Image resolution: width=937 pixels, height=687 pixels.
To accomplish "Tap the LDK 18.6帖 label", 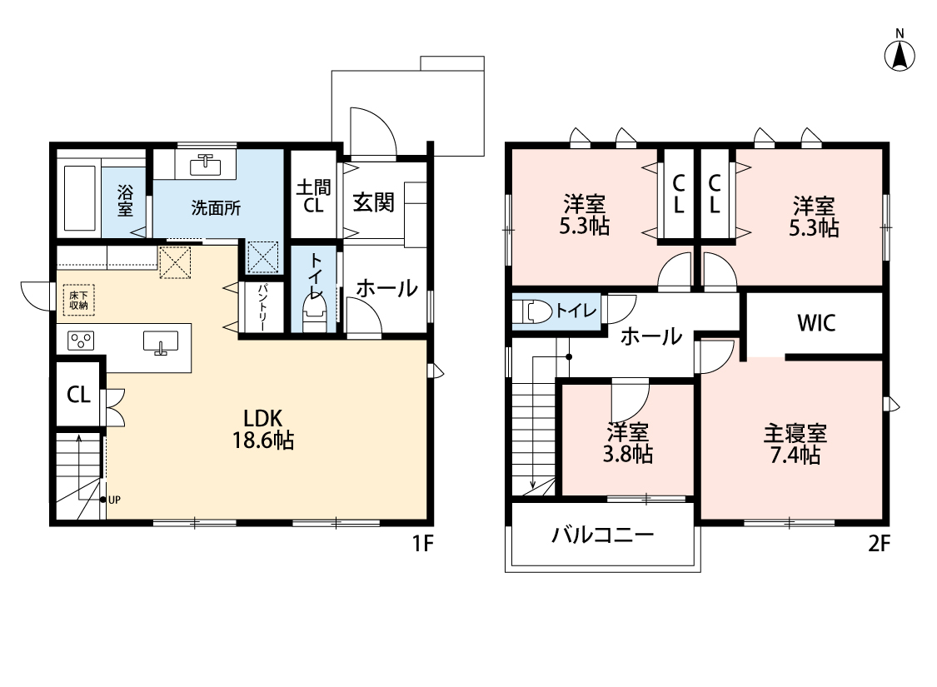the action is point(263,429).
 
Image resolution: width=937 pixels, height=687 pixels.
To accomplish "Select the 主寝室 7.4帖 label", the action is point(795,443).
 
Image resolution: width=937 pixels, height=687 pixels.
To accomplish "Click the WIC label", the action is point(816,323).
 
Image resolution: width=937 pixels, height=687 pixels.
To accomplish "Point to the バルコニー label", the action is point(602,534).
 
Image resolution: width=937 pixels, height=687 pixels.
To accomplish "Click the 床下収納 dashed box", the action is point(79,300).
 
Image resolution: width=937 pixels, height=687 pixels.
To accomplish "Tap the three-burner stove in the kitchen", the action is point(81,341).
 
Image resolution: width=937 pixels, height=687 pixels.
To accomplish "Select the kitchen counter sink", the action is point(161,342).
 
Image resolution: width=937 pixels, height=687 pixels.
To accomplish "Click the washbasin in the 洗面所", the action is point(207,162).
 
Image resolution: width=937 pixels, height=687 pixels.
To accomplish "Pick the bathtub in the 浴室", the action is point(79,197).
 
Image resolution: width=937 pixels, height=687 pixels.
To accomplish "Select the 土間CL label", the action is point(314,196).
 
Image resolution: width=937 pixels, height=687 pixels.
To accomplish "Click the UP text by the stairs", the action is point(114,500).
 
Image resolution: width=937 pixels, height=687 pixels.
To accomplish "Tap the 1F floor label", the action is point(422,544).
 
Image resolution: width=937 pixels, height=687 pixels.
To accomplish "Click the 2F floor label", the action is point(879,544).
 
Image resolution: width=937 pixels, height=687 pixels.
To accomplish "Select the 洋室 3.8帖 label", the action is point(627,443).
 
